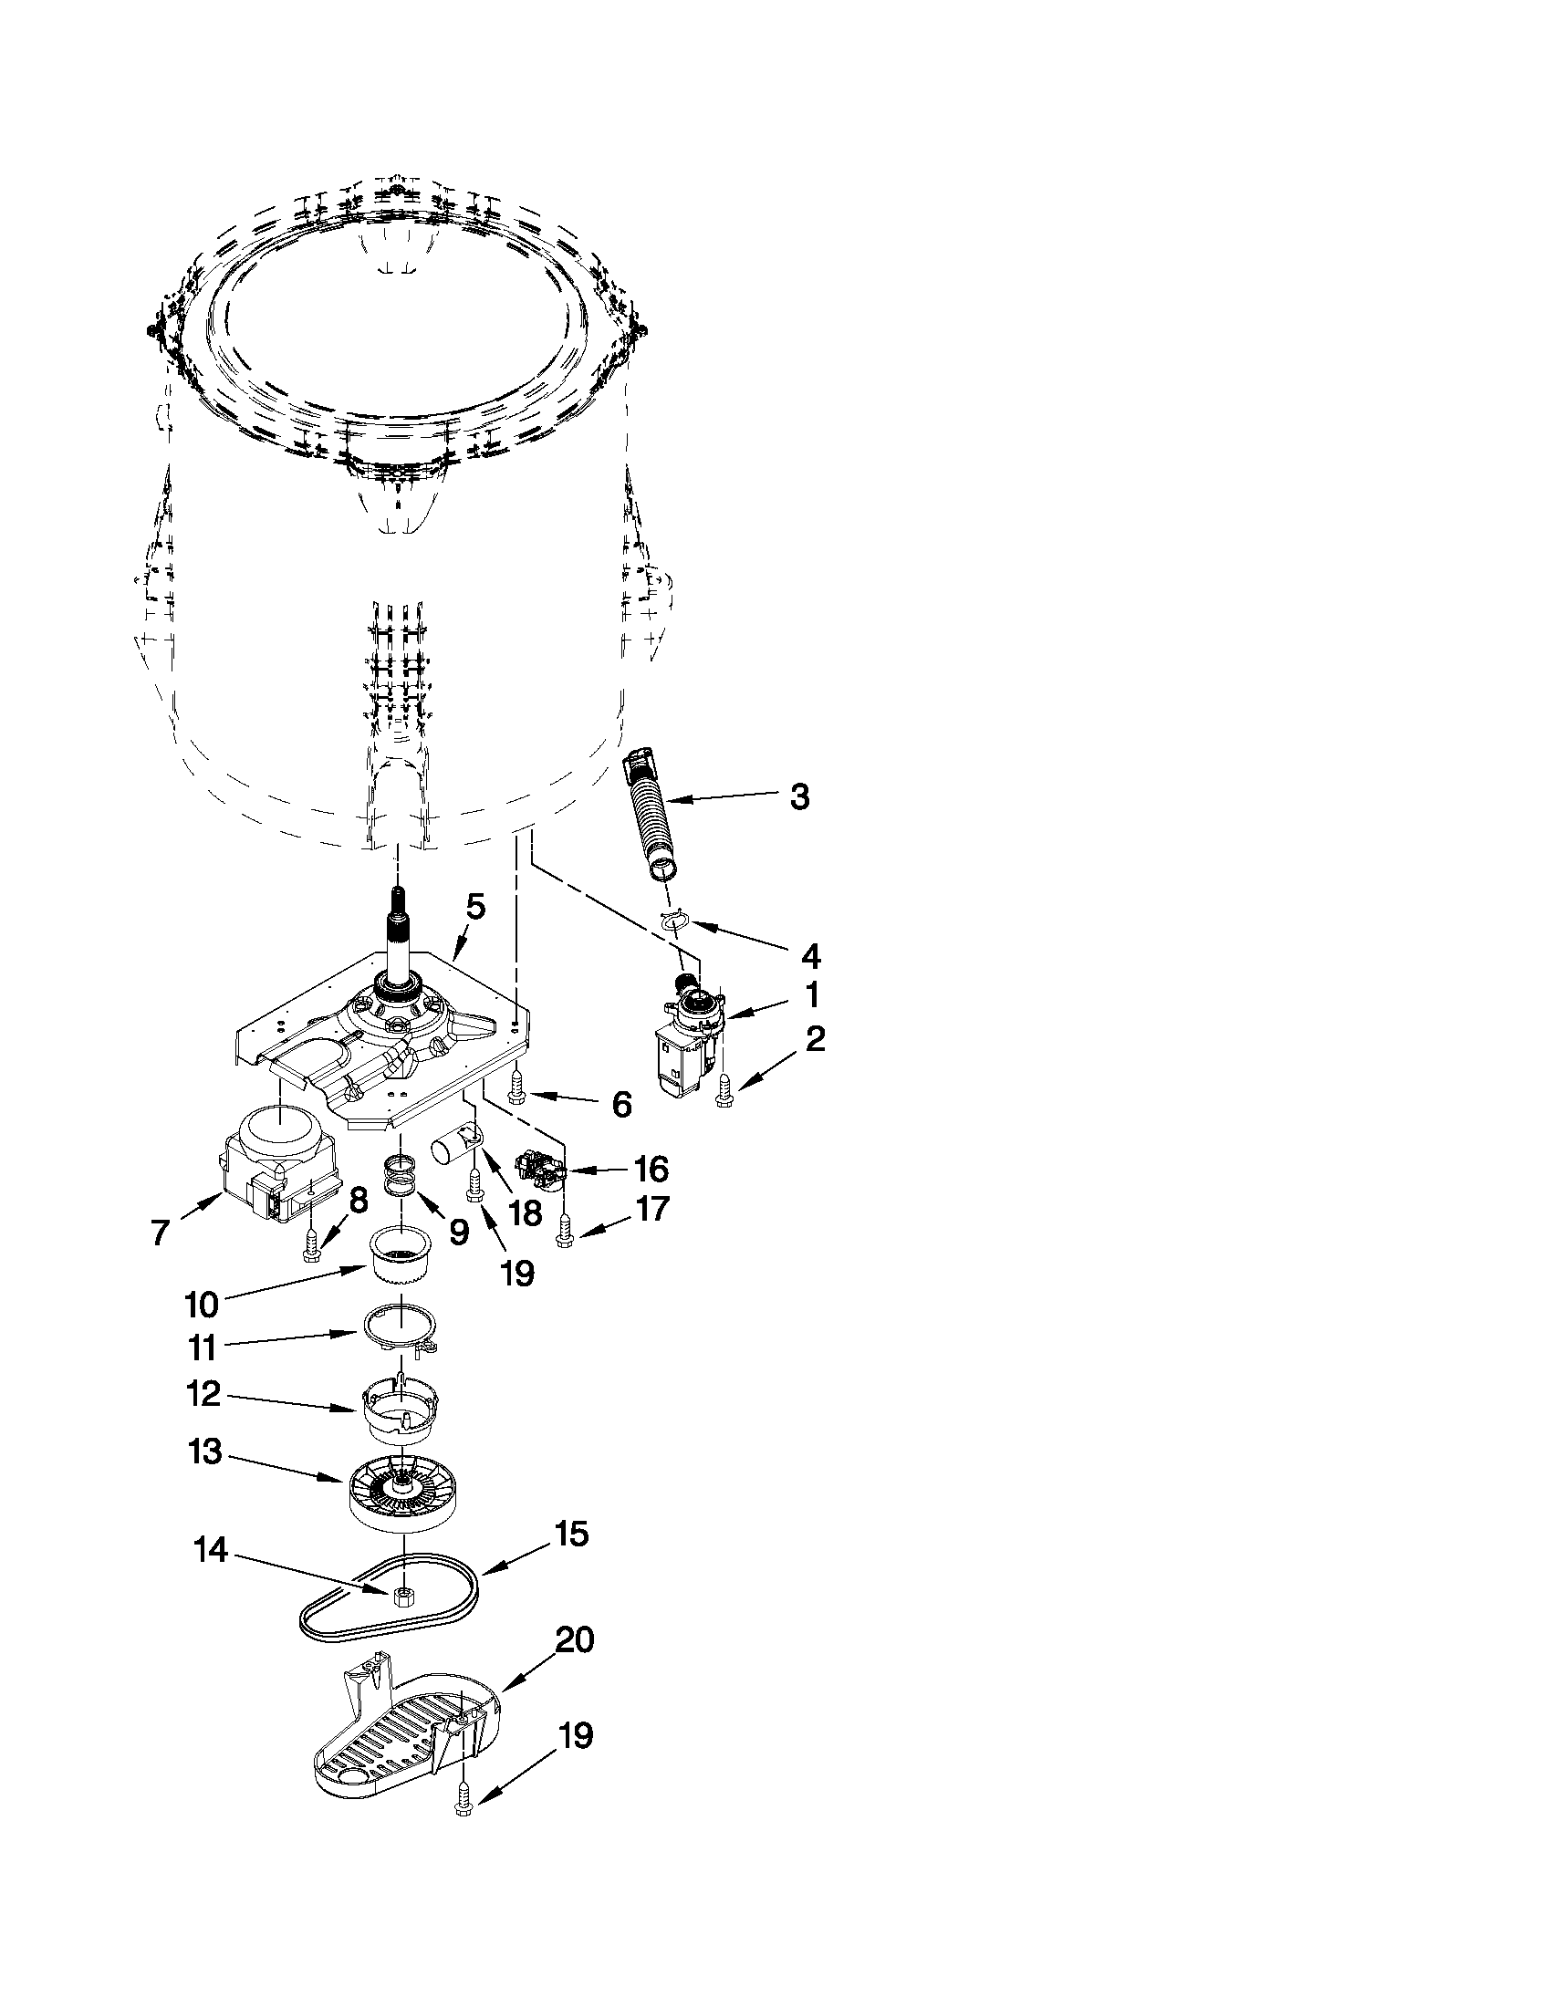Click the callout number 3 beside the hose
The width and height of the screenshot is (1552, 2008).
point(799,797)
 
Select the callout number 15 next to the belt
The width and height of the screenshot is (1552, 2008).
point(572,1535)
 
